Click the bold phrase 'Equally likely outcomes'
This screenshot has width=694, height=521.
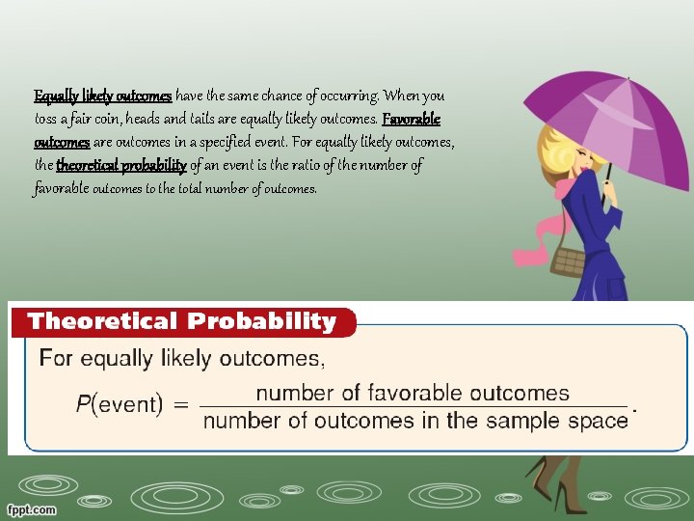pos(103,96)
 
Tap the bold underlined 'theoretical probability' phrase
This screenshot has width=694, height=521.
pos(121,165)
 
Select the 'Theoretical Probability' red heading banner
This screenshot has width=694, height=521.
pos(181,321)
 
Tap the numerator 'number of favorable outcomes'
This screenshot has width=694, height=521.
pos(413,394)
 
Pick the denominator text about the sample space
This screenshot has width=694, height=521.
pos(415,421)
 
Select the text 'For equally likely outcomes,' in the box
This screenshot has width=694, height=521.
pos(182,359)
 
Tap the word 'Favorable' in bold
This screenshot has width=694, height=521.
pos(412,119)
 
